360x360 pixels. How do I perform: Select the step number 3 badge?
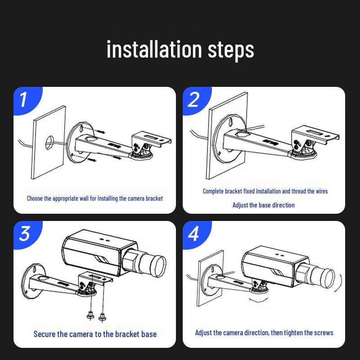coord(24,234)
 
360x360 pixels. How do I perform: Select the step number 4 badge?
coord(193,234)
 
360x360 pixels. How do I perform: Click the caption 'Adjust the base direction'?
coord(263,205)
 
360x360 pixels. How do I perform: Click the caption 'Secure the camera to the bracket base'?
coord(95,334)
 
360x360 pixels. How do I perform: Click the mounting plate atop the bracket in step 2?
coord(315,135)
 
